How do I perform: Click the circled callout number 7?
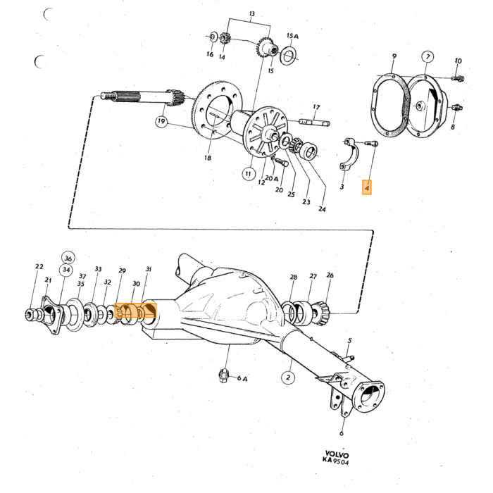click(x=428, y=57)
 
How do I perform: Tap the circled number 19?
click(x=161, y=121)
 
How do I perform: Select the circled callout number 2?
click(x=288, y=377)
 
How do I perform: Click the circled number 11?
click(x=249, y=174)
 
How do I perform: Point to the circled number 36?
click(x=68, y=258)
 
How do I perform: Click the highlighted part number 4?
click(x=367, y=188)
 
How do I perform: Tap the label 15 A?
click(x=292, y=36)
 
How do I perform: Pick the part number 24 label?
click(x=322, y=208)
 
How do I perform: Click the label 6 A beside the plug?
click(x=242, y=378)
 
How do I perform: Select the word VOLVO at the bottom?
click(x=337, y=455)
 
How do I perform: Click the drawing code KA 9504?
click(x=335, y=461)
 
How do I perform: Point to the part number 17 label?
click(x=316, y=107)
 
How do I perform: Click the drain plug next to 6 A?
click(x=223, y=375)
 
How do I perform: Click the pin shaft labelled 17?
click(x=314, y=122)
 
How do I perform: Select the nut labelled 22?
click(x=30, y=314)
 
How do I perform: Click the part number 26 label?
click(x=330, y=275)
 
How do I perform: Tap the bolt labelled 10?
click(x=458, y=77)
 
